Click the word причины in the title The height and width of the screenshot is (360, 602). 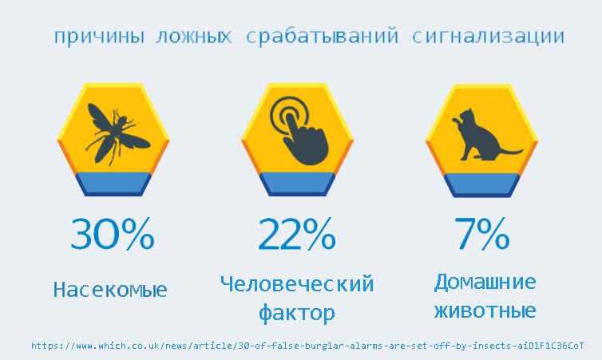pos(99,37)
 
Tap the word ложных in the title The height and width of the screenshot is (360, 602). pos(194,37)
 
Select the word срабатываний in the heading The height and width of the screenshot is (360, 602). pos(322,36)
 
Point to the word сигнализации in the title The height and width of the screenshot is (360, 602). pos(488,37)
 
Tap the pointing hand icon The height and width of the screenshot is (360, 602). pos(299,130)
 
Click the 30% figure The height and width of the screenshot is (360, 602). pos(113,234)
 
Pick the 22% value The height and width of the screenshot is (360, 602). pos(297,234)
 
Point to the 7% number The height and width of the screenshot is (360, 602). pos(481,234)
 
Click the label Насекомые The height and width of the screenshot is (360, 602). pos(110,290)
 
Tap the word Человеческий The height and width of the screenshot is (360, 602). pos(297,284)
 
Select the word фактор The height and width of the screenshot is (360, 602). pos(297,313)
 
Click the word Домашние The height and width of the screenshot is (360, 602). pos(485,283)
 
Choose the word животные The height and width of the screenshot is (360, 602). pos(485,311)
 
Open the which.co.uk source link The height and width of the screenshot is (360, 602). pos(307,346)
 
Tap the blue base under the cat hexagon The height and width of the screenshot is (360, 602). pos(481,185)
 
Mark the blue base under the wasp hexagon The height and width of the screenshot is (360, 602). pos(113,184)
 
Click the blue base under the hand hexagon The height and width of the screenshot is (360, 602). pos(298,184)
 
